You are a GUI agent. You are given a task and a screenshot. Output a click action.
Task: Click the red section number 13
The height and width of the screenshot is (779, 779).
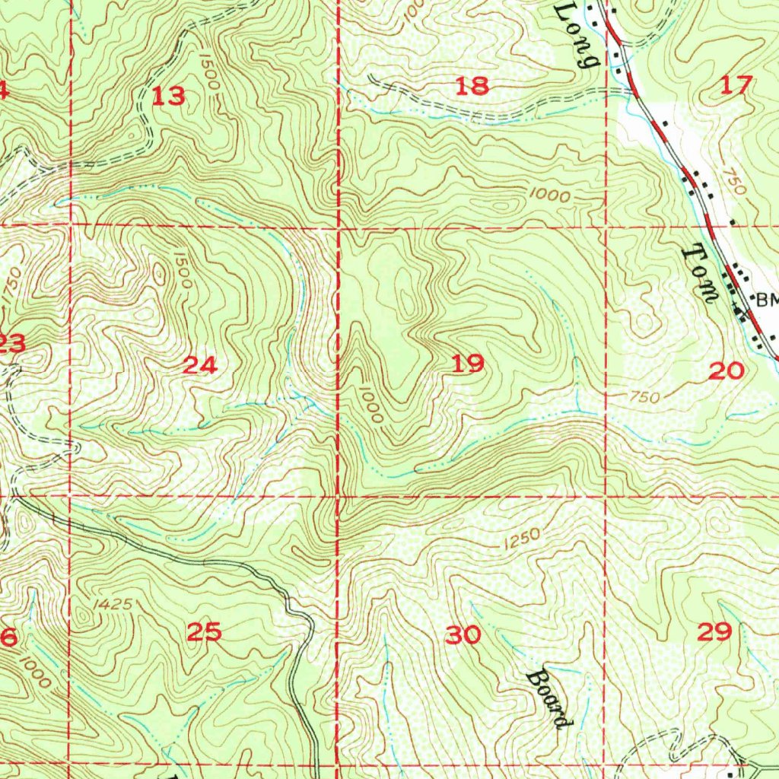point(168,97)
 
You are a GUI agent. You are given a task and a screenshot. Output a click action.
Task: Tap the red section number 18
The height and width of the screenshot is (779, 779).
point(472,86)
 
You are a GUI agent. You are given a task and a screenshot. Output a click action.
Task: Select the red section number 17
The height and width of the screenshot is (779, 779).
point(736,85)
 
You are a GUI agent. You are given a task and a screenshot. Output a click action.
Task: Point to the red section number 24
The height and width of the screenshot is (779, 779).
point(201,366)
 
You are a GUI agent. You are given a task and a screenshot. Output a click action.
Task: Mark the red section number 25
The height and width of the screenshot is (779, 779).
point(205,631)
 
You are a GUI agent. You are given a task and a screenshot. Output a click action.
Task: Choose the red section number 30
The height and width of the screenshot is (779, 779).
point(463,634)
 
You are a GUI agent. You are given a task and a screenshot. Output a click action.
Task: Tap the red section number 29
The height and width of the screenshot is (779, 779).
point(715,631)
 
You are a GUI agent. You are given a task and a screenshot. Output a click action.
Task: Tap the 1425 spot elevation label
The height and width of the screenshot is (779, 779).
point(115,605)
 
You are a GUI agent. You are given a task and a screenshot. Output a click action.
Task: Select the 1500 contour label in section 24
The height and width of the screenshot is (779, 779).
point(181,269)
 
